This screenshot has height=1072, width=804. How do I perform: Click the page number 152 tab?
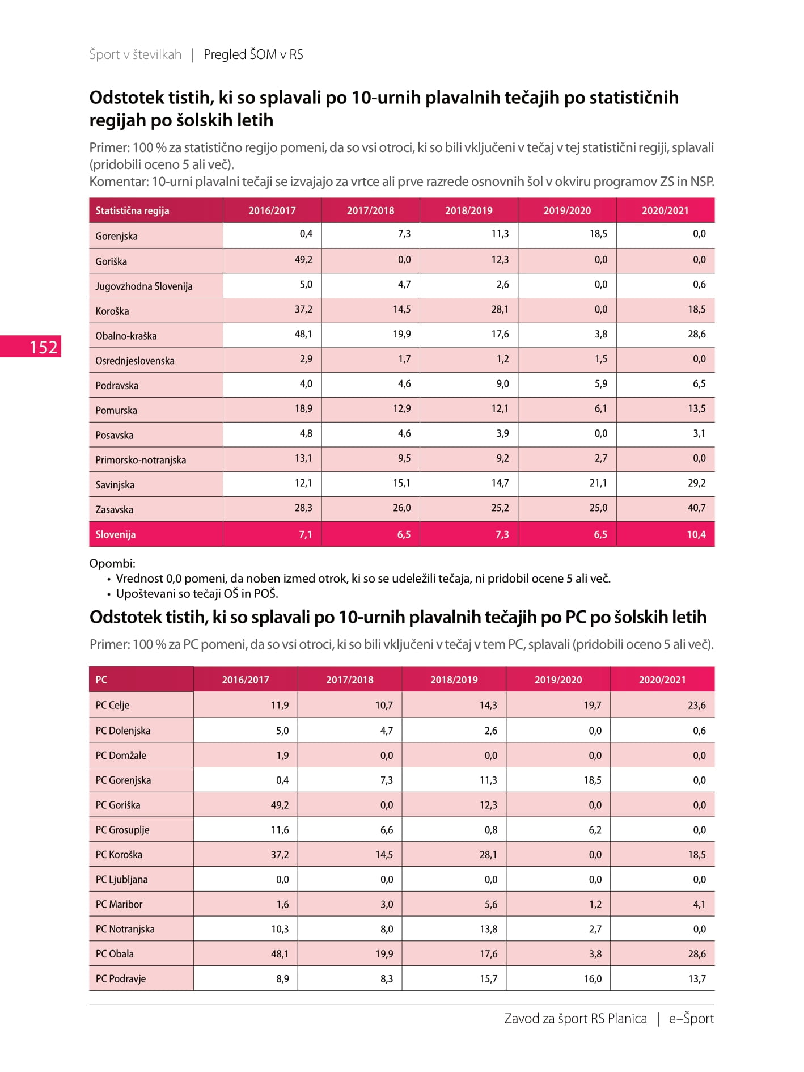tap(31, 347)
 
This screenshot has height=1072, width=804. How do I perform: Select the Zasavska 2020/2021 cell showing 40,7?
tap(696, 508)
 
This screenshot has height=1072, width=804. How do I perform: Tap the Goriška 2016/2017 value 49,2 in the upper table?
tap(303, 260)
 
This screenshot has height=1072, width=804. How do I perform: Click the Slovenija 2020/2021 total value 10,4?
tap(696, 534)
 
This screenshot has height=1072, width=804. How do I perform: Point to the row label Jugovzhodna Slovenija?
tap(144, 286)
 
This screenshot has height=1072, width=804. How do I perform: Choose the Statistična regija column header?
tap(132, 210)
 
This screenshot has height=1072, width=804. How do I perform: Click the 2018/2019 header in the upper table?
tap(469, 210)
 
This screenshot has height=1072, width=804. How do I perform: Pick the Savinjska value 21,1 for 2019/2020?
tap(598, 483)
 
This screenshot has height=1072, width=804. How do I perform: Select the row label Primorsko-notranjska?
tap(141, 460)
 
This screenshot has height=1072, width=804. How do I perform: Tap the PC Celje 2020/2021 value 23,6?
tap(697, 706)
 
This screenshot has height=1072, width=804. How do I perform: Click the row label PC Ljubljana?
tap(121, 880)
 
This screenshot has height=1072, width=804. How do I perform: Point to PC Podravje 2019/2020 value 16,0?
tap(593, 979)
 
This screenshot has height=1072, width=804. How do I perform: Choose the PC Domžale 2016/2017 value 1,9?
tap(282, 756)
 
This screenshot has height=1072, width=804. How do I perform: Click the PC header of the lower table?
tap(101, 680)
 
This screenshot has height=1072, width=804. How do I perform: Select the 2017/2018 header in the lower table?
tap(350, 680)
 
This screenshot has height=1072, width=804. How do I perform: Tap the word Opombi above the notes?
tap(112, 564)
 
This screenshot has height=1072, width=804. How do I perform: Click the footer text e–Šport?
tap(691, 1019)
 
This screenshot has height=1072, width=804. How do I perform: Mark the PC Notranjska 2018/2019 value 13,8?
tap(488, 929)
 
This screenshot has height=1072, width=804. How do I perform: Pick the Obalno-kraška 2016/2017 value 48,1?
tap(303, 334)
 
